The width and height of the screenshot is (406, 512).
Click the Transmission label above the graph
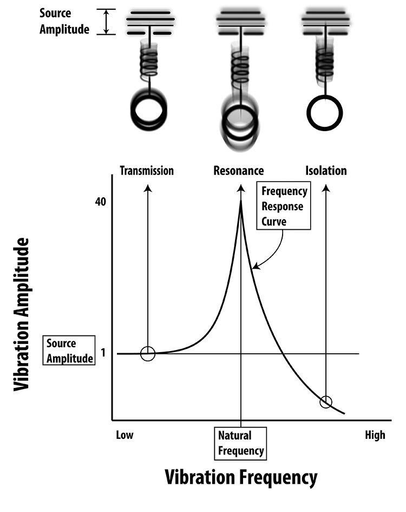click(x=147, y=171)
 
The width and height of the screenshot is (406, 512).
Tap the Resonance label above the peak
click(x=239, y=171)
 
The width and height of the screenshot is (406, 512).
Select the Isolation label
click(x=325, y=171)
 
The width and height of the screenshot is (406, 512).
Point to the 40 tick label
click(x=101, y=202)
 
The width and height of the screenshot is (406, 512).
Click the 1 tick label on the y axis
click(x=103, y=354)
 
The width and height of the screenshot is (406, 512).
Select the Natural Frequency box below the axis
click(x=241, y=443)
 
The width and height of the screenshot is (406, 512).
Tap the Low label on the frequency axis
click(x=125, y=435)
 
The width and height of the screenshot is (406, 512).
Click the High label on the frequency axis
click(x=375, y=435)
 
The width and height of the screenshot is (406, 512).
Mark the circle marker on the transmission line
click(x=148, y=354)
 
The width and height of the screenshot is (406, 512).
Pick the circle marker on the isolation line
click(x=326, y=401)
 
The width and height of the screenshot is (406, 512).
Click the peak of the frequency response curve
click(x=241, y=202)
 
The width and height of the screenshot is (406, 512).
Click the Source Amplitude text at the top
click(x=64, y=21)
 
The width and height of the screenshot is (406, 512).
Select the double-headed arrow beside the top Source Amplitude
click(x=106, y=22)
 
